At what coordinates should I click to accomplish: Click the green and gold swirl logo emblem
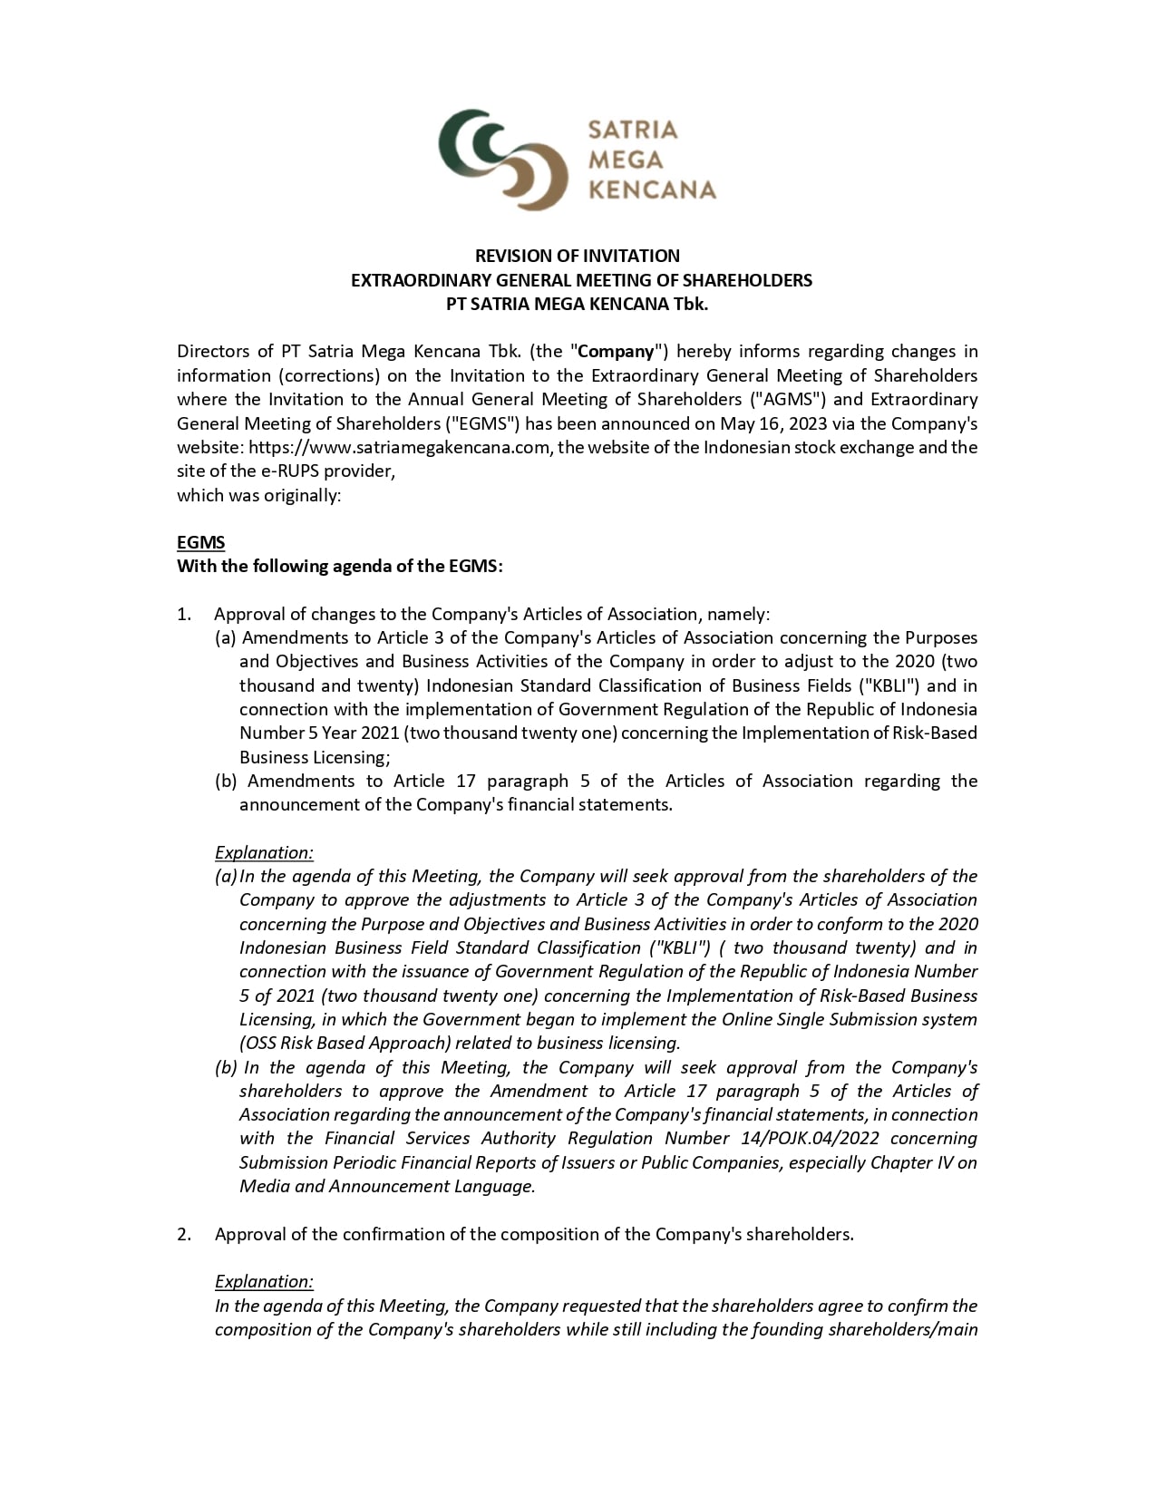(x=503, y=160)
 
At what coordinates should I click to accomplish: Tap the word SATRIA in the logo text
(x=633, y=130)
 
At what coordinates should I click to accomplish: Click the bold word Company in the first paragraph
(x=617, y=351)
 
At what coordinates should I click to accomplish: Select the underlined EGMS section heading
(x=200, y=542)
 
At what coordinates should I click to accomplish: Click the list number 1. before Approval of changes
(x=184, y=614)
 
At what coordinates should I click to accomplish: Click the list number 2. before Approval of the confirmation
(x=184, y=1234)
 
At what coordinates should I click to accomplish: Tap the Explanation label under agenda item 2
(x=264, y=1281)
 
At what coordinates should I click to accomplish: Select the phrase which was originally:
(x=258, y=495)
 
